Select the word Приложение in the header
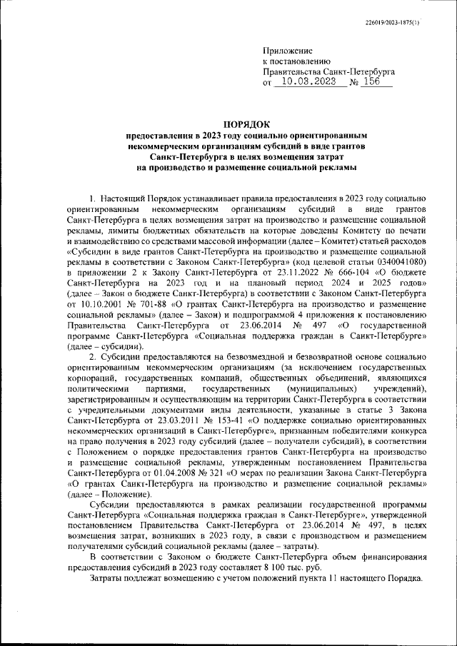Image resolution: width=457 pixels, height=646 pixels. [288, 51]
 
